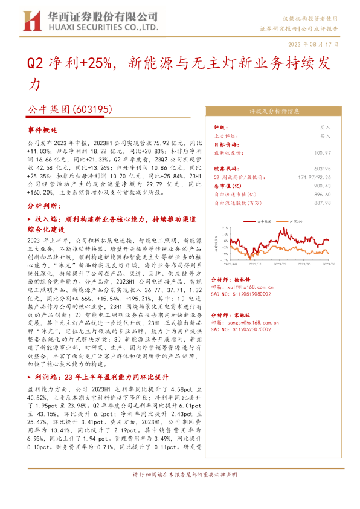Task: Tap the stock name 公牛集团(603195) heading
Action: click(x=70, y=111)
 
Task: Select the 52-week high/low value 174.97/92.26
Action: click(x=310, y=176)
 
